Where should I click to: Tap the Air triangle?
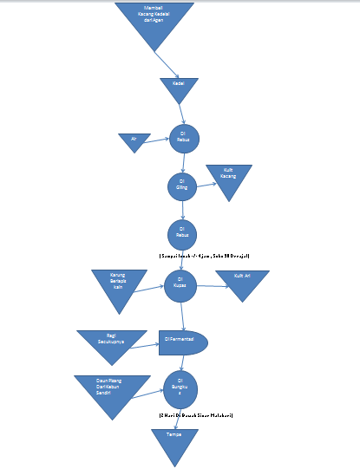pyautogui.click(x=134, y=140)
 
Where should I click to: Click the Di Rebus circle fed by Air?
pyautogui.click(x=184, y=137)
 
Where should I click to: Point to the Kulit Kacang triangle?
pyautogui.click(x=228, y=178)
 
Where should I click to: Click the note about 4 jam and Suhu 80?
pyautogui.click(x=205, y=257)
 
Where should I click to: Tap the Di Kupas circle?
pyautogui.click(x=182, y=284)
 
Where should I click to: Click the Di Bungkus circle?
pyautogui.click(x=181, y=386)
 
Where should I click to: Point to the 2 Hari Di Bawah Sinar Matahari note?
pyautogui.click(x=196, y=415)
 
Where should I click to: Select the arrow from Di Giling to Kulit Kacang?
pyautogui.click(x=206, y=184)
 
